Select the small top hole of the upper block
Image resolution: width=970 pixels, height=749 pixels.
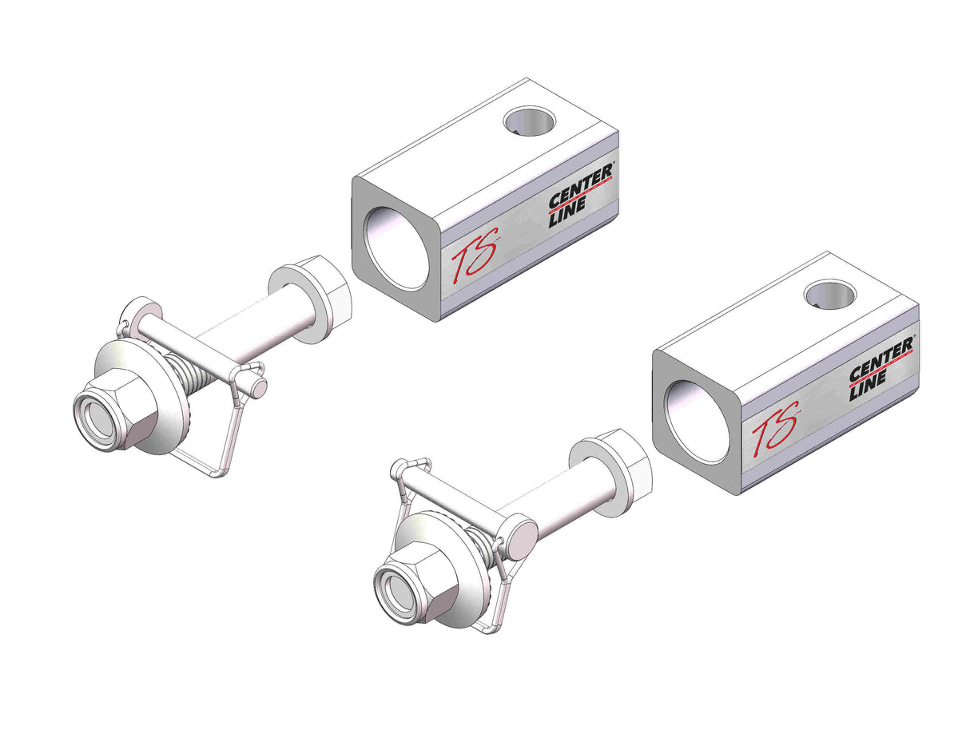tap(529, 121)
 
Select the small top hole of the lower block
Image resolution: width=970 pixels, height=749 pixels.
tap(830, 294)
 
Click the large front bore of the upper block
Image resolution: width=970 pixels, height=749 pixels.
tap(397, 248)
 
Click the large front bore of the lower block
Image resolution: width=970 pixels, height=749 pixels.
tap(698, 422)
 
